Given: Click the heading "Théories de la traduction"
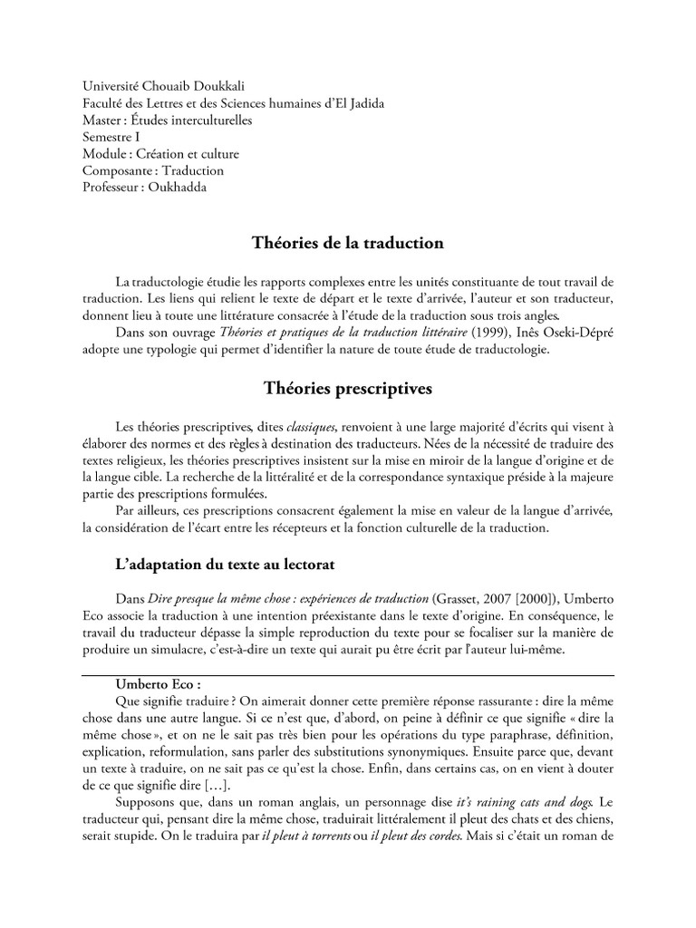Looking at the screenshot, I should point(347,243).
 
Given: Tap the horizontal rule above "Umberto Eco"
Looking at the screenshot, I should point(347,675).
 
